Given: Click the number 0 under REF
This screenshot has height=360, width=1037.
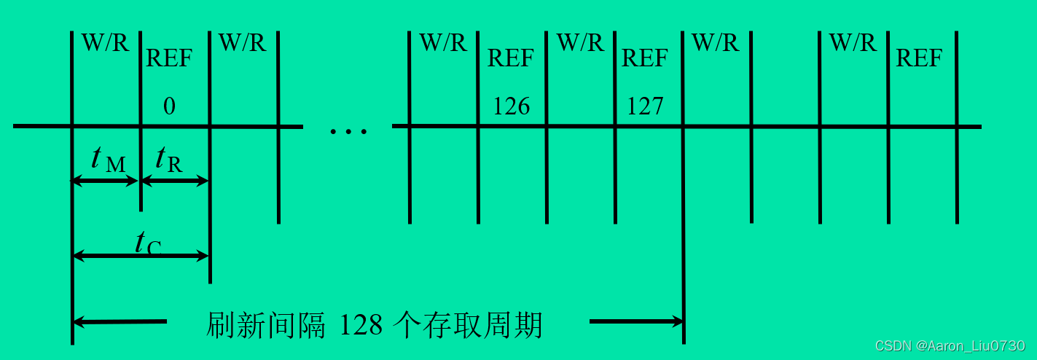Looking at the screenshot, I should point(169,107).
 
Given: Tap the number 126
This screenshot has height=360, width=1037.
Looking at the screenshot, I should point(511,107).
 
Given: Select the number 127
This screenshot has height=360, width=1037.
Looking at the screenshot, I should point(646,107).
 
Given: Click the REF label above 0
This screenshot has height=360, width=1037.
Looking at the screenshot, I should point(169,58).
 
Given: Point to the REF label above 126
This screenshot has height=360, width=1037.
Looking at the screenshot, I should point(511,58).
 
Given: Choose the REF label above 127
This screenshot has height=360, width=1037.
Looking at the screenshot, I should point(645,58).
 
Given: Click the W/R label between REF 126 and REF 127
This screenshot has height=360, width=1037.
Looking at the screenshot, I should point(580,42).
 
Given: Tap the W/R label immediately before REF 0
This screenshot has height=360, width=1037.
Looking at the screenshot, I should point(105,42).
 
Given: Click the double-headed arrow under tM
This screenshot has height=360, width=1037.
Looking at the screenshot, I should point(106,181).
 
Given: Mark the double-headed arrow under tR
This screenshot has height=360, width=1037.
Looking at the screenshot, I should point(174,181).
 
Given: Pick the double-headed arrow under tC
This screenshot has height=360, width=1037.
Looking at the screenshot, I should point(141,256).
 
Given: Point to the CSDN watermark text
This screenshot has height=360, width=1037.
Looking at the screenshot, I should point(950,345).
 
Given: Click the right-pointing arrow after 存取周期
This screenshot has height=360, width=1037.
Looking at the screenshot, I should point(635,321).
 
